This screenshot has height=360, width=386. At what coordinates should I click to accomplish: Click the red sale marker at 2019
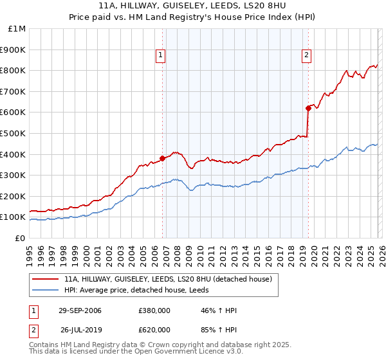coord(308,109)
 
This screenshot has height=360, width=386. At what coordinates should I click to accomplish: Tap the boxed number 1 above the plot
coord(160,56)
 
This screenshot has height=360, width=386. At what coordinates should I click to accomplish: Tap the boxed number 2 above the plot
coord(307,56)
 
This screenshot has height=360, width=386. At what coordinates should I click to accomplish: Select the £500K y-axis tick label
coord(14,134)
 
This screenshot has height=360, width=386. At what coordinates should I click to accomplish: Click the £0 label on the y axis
coord(20,238)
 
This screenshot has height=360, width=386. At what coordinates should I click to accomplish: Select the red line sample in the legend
coord(46,280)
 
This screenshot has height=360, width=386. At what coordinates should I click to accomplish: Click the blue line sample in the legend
coord(46,291)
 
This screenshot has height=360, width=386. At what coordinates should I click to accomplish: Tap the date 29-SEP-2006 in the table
coord(80,310)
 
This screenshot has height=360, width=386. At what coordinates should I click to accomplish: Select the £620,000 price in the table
coord(154,330)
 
